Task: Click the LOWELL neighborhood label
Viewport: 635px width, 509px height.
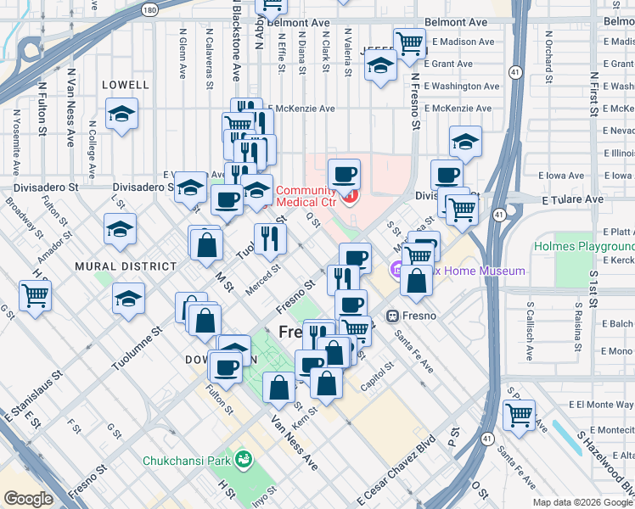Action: (x=125, y=85)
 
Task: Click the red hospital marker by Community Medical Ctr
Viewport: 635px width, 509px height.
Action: (x=351, y=197)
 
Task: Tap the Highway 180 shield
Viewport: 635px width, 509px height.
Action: (x=149, y=10)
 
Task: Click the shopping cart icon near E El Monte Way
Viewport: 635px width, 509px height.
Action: (x=519, y=415)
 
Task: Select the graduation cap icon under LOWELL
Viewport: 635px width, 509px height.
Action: (x=122, y=115)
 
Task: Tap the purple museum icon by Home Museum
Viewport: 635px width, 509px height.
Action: (x=397, y=271)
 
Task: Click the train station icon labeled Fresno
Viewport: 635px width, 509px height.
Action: (x=393, y=316)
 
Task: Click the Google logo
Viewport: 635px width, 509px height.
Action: (x=28, y=498)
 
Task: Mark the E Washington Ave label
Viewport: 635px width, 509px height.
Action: (x=461, y=87)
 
